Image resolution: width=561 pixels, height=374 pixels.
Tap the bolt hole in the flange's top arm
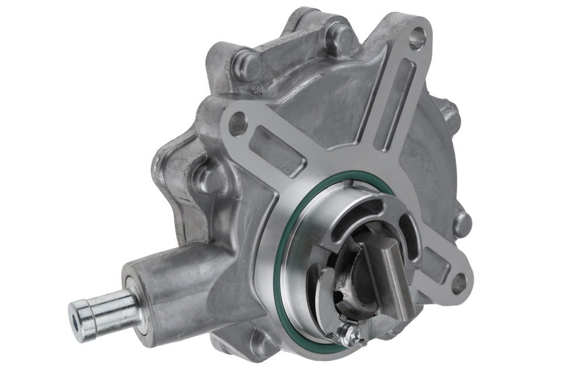coord(417,39)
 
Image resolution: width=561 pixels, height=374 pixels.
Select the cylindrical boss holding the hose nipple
coord(169,286)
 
